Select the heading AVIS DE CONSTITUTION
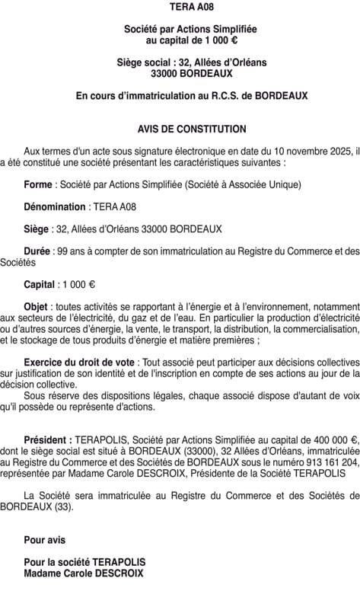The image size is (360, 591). [180, 129]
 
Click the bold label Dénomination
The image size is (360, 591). [55, 206]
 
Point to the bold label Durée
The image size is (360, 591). [37, 251]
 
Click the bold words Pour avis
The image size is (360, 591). [44, 540]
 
